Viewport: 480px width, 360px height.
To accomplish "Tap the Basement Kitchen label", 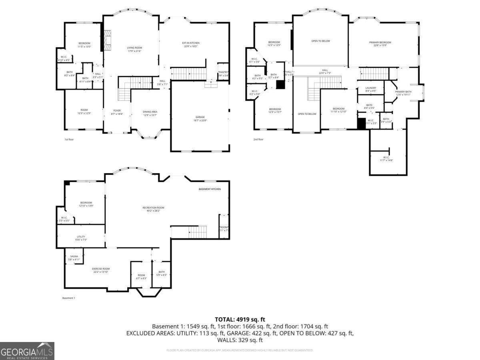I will [210, 189].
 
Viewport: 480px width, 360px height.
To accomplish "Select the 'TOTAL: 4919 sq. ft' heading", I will [240, 319].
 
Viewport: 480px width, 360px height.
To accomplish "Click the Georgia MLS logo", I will [27, 351].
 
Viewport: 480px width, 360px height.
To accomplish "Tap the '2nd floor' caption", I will [258, 139].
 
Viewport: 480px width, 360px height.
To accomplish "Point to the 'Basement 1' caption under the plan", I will [69, 298].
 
